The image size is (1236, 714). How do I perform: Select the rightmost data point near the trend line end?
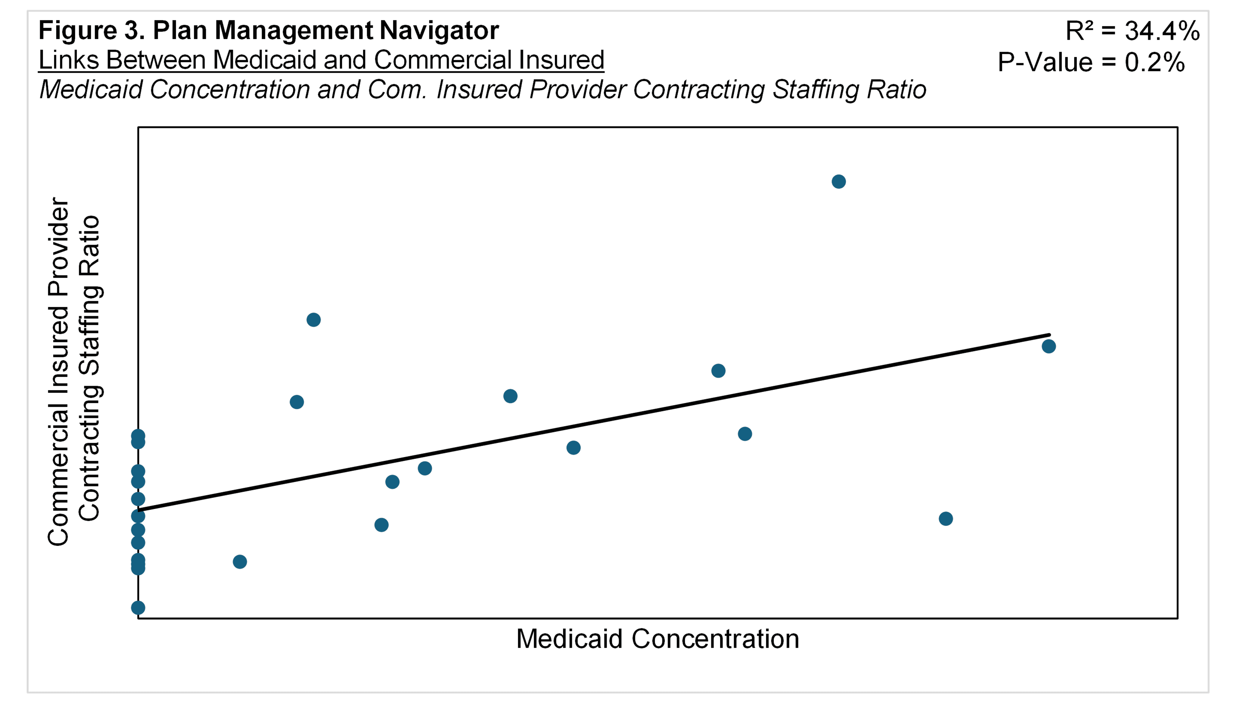tap(1049, 346)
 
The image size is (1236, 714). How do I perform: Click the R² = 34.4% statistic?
tap(1132, 31)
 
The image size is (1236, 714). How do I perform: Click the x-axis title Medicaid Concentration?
tap(657, 639)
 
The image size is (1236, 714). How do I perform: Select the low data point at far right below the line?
tap(946, 519)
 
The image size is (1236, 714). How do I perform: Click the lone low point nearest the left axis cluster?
tap(239, 562)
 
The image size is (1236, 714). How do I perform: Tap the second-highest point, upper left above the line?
tap(313, 320)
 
